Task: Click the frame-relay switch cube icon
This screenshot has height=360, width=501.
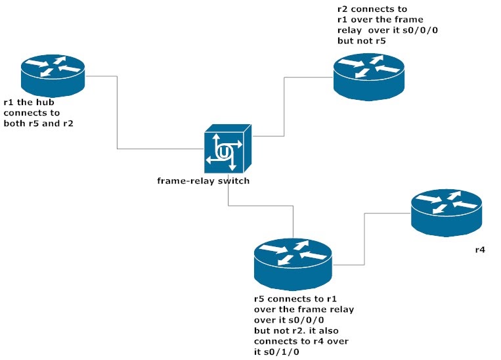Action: [227, 150]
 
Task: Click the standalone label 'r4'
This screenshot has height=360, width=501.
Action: [480, 250]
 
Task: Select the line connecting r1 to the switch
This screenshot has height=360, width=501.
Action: [118, 118]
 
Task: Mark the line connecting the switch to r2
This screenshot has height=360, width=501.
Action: [284, 105]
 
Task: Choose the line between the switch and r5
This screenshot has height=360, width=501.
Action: [263, 206]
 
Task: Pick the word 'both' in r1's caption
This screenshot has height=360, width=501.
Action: [15, 123]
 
